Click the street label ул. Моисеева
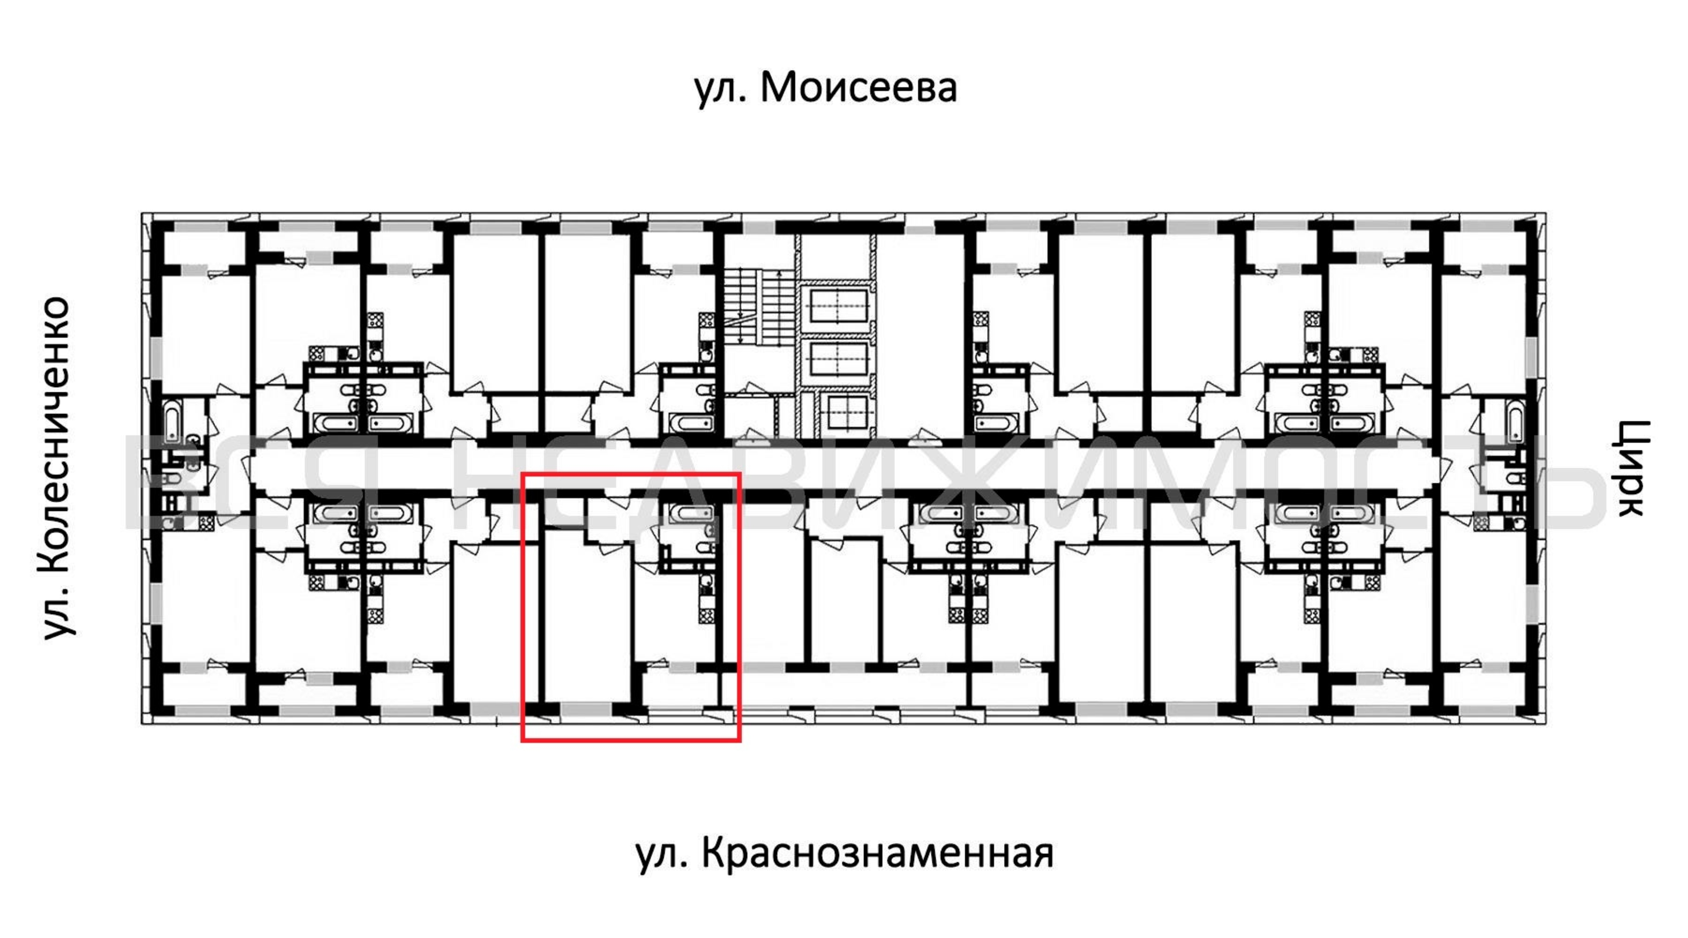click(826, 87)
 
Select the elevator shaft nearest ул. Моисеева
click(839, 306)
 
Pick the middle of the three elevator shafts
click(839, 359)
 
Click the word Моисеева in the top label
click(859, 87)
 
